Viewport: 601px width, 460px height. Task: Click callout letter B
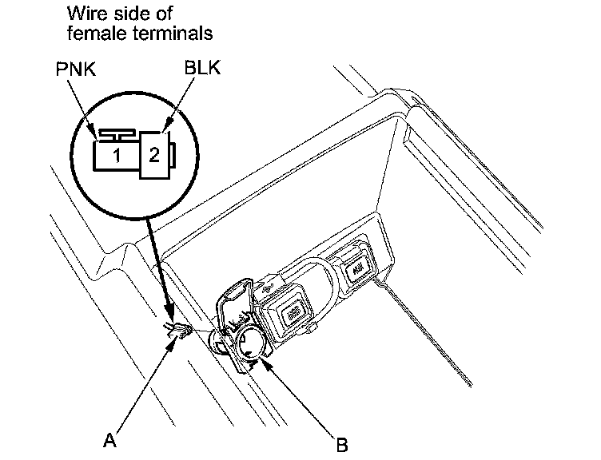342,445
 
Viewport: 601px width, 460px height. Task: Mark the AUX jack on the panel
356,269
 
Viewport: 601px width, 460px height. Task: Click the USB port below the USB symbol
293,311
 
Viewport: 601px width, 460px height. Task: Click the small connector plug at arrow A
180,331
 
